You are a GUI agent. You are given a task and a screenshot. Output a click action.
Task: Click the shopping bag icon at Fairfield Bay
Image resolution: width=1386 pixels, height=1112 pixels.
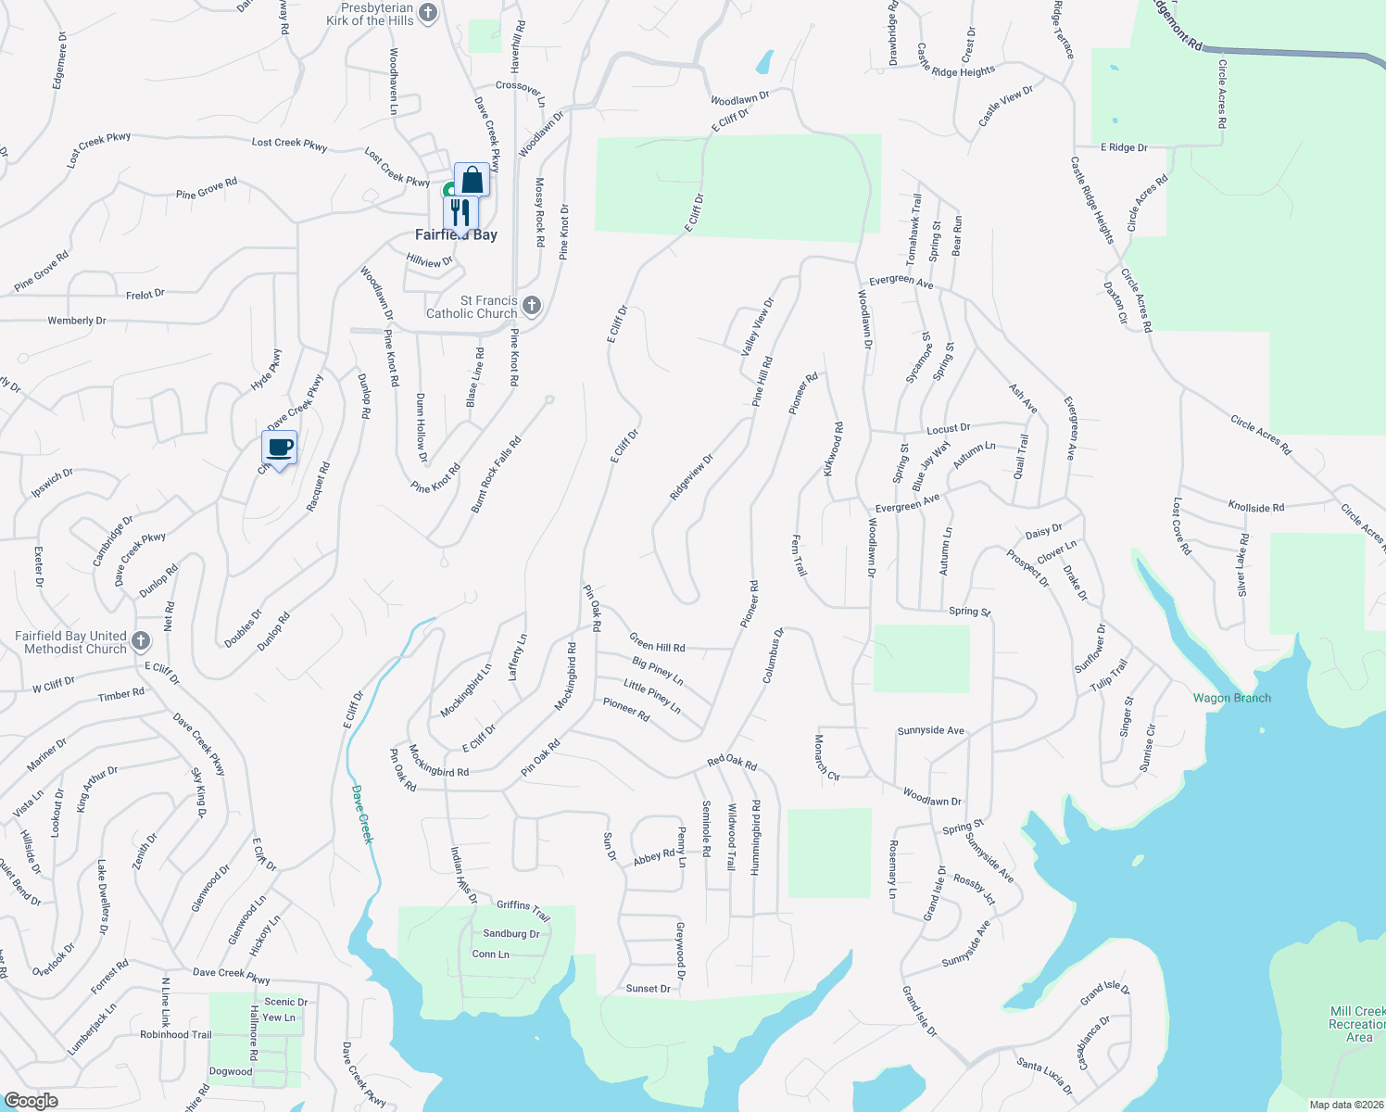click(472, 180)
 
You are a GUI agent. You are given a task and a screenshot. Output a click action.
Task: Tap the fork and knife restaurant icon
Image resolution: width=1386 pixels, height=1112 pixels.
click(460, 212)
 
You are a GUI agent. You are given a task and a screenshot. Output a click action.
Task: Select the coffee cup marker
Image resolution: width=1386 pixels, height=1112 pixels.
click(280, 449)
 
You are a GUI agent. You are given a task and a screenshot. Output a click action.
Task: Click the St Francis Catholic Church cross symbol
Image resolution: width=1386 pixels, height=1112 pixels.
click(532, 305)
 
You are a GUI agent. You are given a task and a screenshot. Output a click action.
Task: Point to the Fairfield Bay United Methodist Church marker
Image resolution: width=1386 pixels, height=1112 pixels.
click(141, 640)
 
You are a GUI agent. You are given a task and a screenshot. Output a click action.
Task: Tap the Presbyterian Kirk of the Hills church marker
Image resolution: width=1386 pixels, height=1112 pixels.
click(428, 13)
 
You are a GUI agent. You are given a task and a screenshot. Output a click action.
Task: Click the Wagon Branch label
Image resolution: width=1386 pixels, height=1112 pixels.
click(1231, 698)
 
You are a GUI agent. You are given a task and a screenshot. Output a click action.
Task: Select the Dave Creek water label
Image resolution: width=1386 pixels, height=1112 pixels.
click(362, 815)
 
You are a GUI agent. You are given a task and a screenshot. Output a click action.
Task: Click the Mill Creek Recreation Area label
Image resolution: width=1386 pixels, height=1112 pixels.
click(1358, 1024)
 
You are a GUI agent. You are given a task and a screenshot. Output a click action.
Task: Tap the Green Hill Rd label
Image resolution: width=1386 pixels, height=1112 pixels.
click(657, 642)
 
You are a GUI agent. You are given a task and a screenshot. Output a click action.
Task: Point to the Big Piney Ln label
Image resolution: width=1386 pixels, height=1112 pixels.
click(658, 671)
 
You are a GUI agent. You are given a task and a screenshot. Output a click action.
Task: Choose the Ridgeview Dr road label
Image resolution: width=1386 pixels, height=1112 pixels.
click(692, 477)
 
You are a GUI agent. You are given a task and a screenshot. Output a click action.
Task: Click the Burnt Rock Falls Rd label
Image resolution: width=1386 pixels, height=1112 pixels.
click(497, 474)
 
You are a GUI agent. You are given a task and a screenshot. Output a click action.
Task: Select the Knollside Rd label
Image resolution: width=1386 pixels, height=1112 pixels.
click(1255, 507)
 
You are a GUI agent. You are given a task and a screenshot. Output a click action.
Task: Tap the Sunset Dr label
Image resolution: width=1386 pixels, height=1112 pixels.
click(648, 989)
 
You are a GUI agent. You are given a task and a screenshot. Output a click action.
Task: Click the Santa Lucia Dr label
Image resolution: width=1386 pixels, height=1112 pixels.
click(1044, 1076)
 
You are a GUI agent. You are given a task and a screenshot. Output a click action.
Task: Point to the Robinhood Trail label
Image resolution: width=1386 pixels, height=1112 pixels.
click(176, 1034)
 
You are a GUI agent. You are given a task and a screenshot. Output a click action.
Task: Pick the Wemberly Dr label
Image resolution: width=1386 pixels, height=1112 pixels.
click(77, 321)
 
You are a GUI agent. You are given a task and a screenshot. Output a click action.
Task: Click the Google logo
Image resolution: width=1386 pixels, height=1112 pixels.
click(31, 1101)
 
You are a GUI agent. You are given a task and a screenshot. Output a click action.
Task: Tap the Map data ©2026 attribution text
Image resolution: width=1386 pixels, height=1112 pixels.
click(1346, 1105)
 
